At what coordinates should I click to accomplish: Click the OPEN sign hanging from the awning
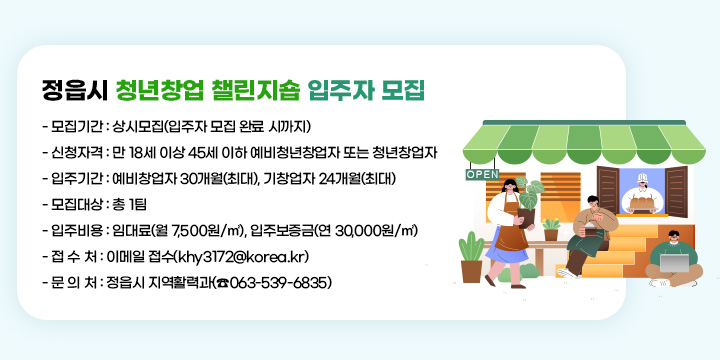click(x=482, y=174)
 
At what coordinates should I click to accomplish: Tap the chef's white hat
click(x=643, y=180)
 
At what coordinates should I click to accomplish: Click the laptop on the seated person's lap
click(x=671, y=263)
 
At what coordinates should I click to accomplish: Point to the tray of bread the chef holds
click(x=642, y=202)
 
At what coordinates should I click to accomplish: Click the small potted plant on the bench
click(x=551, y=230)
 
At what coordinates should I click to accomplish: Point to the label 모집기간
click(x=76, y=126)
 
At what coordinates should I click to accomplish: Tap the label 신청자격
click(x=76, y=153)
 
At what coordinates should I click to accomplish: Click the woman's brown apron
click(x=505, y=227)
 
